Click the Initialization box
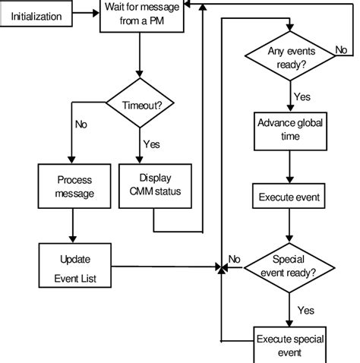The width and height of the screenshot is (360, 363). tap(36, 14)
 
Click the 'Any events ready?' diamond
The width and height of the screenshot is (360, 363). tap(289, 58)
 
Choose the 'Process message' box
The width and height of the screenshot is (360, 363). tap(74, 186)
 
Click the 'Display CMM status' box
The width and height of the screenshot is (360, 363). tap(154, 186)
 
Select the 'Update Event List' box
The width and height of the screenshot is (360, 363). tap(74, 266)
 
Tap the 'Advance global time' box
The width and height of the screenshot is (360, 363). tap(289, 130)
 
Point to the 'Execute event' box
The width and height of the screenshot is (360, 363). tap(289, 197)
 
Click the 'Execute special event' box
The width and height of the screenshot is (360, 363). tap(289, 346)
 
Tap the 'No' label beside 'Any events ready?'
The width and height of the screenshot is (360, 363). tap(341, 51)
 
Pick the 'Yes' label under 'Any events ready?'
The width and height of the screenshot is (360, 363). tap(302, 96)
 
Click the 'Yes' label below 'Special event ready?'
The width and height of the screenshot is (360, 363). tap(305, 310)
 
